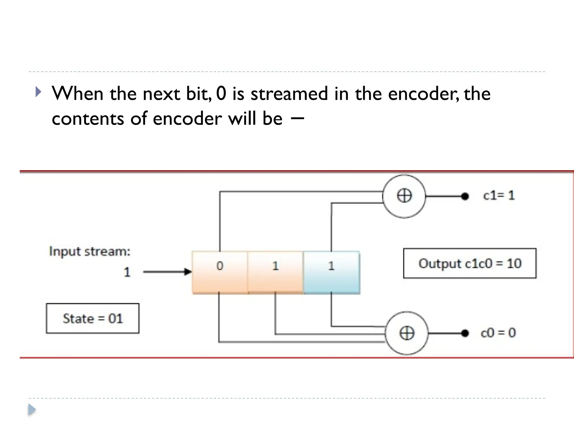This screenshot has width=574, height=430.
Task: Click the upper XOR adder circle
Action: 404,196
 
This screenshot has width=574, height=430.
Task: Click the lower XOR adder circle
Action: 406,333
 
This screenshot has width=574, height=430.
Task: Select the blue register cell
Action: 331,272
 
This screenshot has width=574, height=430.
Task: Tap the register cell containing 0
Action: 220,272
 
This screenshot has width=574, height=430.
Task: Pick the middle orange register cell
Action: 275,272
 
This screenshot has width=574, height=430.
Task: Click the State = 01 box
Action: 92,318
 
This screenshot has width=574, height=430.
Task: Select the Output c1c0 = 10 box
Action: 469,263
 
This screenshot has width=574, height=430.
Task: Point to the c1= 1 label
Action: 499,195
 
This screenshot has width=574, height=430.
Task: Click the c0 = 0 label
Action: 498,333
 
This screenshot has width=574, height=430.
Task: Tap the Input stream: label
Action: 90,251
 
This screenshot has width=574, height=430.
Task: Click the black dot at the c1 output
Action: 465,196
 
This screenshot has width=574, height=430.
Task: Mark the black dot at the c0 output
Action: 465,333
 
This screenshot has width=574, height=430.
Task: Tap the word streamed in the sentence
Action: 289,94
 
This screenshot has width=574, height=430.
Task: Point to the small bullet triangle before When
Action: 38,92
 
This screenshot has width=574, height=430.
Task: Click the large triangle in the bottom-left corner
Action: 32,410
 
